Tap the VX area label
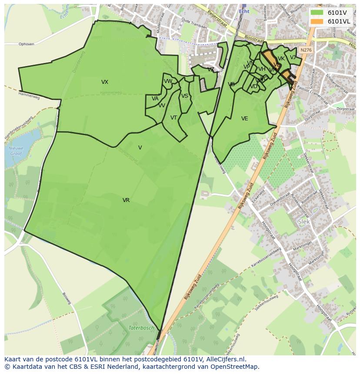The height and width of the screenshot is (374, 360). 105,82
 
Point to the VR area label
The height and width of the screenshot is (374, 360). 126,200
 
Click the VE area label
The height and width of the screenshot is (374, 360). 245,119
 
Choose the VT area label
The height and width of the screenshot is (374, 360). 173,118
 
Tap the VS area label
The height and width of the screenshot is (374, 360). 185,96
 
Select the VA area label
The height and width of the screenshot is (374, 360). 155,99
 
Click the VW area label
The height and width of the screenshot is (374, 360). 168,81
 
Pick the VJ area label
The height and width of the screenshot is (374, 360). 293,57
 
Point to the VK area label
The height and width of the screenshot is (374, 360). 281,59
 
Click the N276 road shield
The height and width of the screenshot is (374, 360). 306,50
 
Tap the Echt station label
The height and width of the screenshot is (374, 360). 244,11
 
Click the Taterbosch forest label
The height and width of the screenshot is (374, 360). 141,328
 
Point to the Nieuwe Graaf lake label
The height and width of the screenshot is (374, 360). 17,150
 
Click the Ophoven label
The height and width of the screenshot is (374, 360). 27,44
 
